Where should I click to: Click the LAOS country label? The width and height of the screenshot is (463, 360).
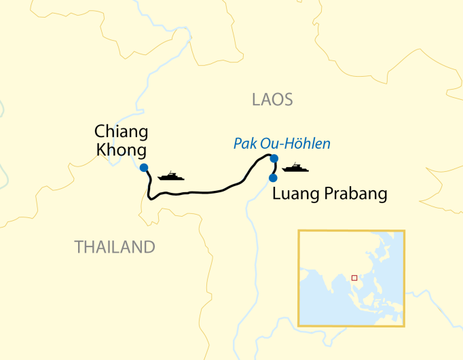pyautogui.click(x=272, y=100)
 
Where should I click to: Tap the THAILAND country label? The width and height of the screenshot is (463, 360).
pyautogui.click(x=115, y=247)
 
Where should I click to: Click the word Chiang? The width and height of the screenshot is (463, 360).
pyautogui.click(x=122, y=131)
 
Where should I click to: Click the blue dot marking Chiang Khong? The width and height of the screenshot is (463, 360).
pyautogui.click(x=144, y=168)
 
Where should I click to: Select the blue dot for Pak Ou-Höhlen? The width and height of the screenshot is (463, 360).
pyautogui.click(x=274, y=159)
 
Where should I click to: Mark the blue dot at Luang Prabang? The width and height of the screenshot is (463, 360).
pyautogui.click(x=273, y=178)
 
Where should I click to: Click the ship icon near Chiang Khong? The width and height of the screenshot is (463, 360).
pyautogui.click(x=171, y=177)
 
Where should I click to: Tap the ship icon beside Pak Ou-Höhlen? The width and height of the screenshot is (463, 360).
pyautogui.click(x=295, y=168)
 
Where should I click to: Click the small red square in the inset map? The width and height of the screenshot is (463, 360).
pyautogui.click(x=354, y=277)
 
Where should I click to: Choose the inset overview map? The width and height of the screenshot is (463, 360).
pyautogui.click(x=352, y=278)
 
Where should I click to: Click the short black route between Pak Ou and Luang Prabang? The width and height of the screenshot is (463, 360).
pyautogui.click(x=276, y=168)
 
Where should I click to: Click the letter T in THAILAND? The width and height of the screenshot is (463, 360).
pyautogui.click(x=79, y=247)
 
